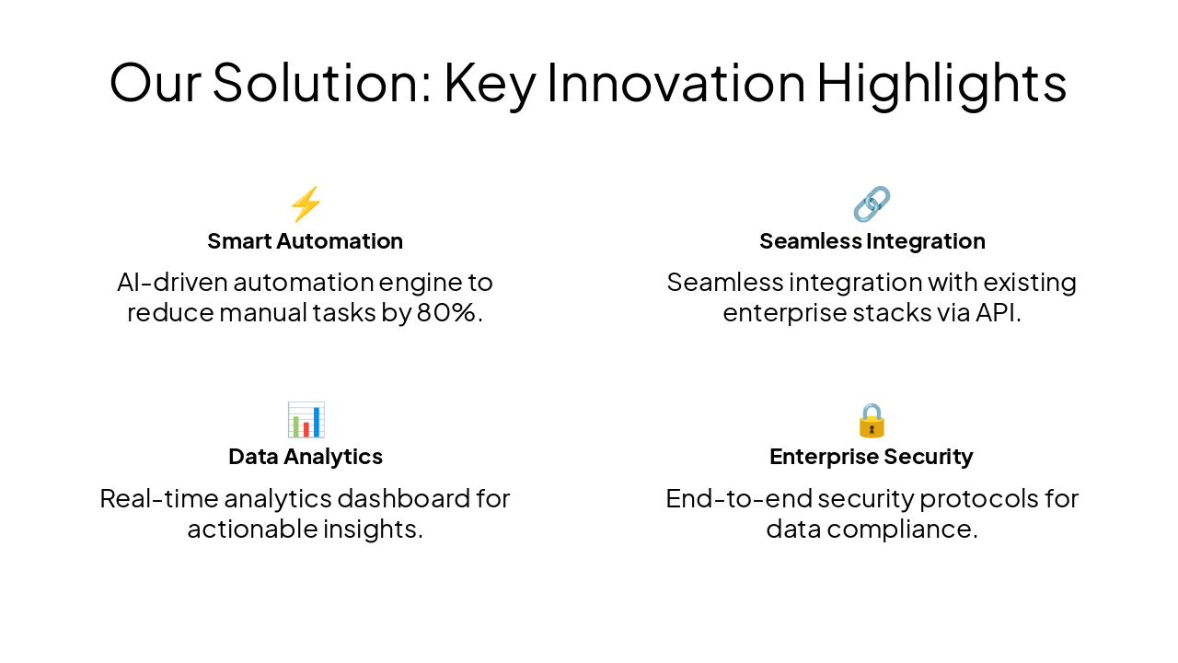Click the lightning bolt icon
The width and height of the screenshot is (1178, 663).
306,204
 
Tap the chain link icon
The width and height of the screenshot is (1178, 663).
872,204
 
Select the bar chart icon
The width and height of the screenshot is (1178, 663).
306,420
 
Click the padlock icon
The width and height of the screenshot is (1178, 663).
872,420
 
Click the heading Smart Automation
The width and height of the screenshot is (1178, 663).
305,241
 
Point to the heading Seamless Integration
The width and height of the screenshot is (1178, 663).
872,241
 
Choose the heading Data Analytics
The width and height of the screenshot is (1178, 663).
305,457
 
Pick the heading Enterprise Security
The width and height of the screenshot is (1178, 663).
872,457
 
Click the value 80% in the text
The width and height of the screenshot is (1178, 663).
449,313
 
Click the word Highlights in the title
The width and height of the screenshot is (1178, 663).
941,83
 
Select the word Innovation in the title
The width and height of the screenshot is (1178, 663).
676,83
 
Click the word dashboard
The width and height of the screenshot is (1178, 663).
404,499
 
